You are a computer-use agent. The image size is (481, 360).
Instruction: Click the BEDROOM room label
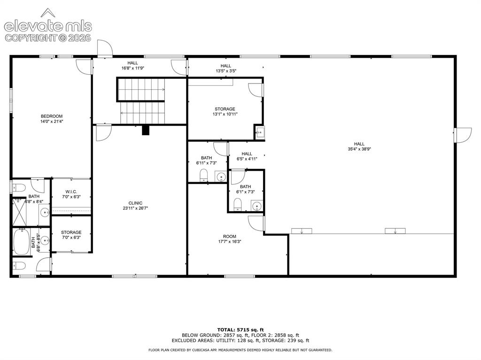(x=52, y=116)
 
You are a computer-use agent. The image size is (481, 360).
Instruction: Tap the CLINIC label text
(x=135, y=203)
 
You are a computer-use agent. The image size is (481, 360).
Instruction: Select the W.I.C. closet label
(x=71, y=191)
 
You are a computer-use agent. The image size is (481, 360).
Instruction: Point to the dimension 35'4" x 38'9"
(x=359, y=149)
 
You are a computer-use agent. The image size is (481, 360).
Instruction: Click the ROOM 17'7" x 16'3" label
(x=229, y=239)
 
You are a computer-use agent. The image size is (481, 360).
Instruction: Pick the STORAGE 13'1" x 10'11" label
(x=225, y=111)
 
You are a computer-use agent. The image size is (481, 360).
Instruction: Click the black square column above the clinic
(x=146, y=130)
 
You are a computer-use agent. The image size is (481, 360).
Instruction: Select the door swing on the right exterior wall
(x=464, y=135)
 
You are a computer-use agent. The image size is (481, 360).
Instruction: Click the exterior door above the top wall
(x=105, y=48)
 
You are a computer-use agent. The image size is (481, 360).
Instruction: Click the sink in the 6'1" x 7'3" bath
(x=257, y=206)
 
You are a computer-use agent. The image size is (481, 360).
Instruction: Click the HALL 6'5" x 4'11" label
(x=247, y=156)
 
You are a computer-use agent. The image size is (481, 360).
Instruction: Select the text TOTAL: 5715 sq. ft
(x=240, y=330)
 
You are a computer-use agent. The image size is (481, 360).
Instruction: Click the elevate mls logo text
(x=48, y=26)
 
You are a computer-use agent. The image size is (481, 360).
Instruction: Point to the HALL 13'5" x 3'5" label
(x=226, y=68)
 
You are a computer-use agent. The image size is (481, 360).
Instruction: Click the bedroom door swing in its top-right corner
(x=84, y=66)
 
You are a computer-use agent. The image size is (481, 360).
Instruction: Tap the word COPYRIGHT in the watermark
(x=31, y=38)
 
